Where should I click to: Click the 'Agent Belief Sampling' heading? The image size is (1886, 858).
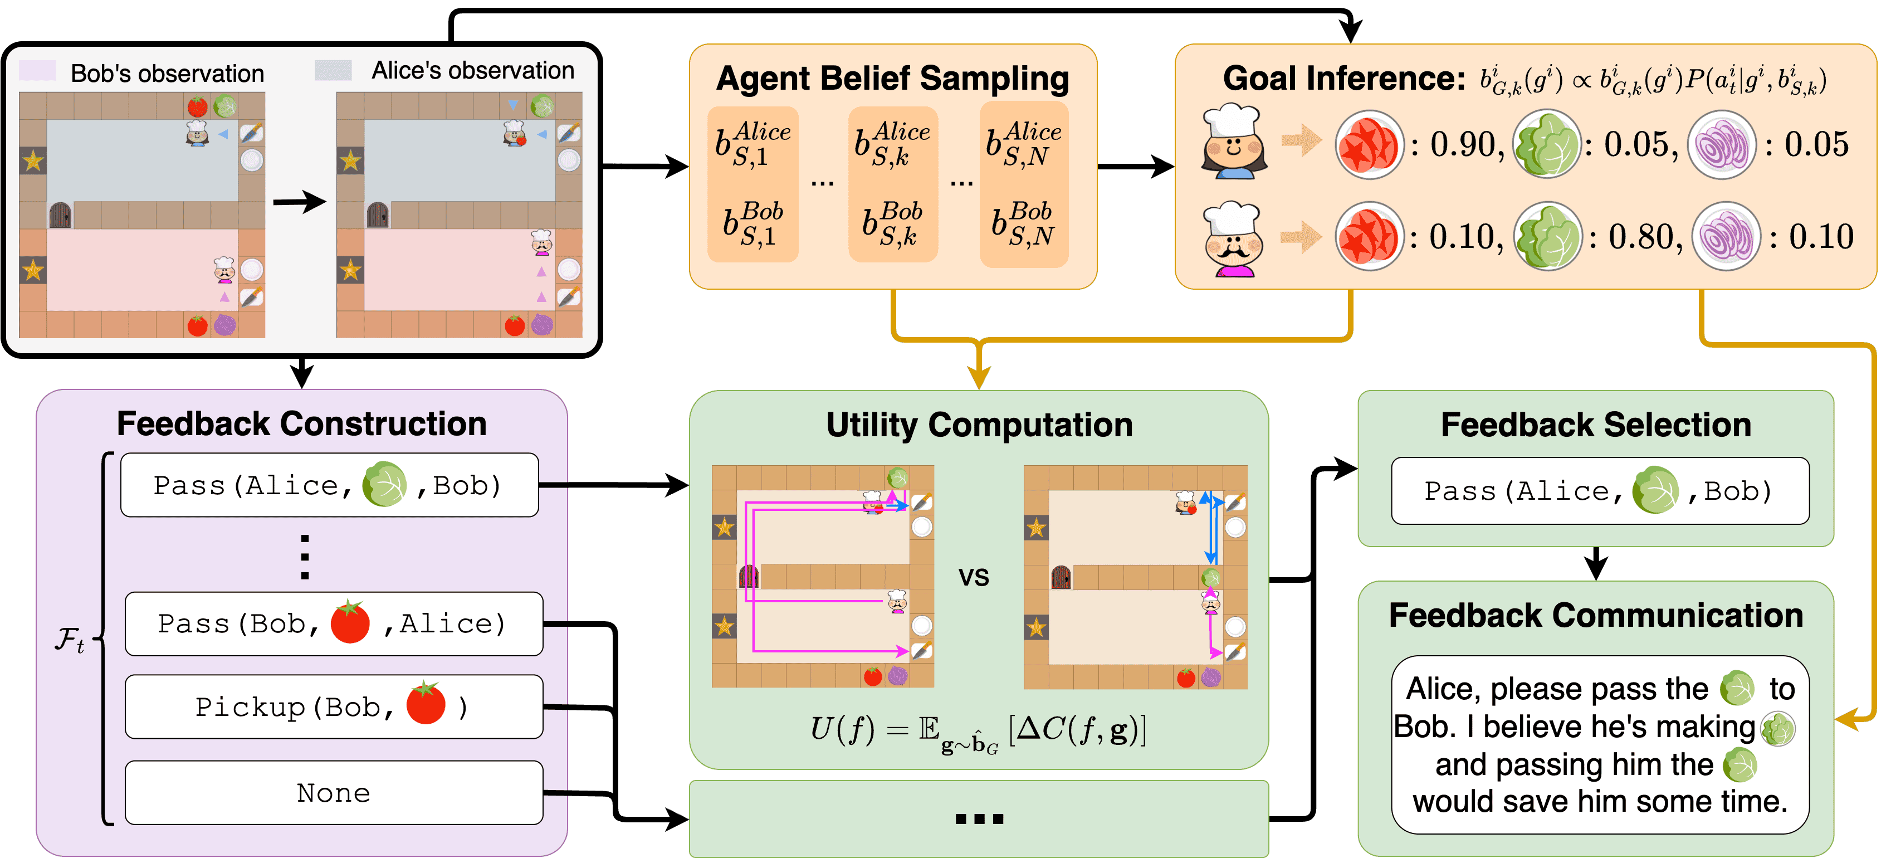(892, 79)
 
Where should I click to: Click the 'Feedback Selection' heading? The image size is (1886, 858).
(1596, 425)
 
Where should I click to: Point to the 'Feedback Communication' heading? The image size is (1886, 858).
(1596, 615)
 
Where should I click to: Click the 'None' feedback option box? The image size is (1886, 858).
(334, 793)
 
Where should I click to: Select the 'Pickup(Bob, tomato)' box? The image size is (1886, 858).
(334, 706)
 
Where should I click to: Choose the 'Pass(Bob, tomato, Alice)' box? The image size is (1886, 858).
(334, 624)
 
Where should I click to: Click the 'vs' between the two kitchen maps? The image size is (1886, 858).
(974, 578)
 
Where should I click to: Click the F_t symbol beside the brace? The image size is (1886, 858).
(70, 640)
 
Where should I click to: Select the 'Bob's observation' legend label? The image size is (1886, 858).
(167, 73)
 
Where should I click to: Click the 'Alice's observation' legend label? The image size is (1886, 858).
(473, 70)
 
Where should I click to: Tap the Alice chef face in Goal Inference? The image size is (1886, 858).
(1234, 142)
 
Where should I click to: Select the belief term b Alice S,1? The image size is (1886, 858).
(753, 144)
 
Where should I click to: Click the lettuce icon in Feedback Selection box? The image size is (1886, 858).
(1655, 490)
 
